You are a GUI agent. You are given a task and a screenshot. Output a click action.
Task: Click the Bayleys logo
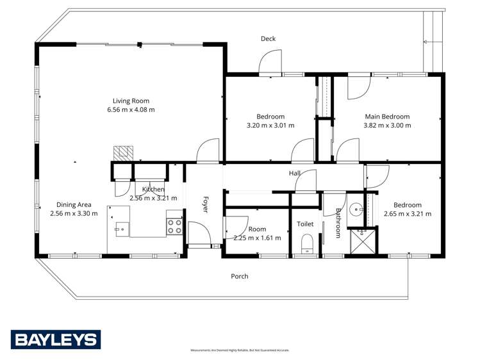[x=56, y=340]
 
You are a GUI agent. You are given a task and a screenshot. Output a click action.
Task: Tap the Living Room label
[x=131, y=101]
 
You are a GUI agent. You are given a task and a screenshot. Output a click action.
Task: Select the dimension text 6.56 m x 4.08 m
[x=131, y=110]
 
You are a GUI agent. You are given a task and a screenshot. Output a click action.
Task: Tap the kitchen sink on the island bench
[x=119, y=227]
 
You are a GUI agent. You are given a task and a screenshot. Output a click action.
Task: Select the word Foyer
[x=206, y=204]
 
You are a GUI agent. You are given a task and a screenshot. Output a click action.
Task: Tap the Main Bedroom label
[x=387, y=117]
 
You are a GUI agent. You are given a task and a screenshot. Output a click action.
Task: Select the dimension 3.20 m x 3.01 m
[x=270, y=125]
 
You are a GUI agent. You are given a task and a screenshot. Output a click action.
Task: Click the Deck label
[x=268, y=39]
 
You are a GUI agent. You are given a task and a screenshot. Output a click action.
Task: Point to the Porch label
[x=239, y=276]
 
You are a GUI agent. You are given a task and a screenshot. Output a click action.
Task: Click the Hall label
[x=294, y=173]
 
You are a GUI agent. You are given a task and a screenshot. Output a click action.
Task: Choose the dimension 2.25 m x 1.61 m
[x=257, y=238]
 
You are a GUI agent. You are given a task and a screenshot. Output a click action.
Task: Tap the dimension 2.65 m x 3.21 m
[x=407, y=214]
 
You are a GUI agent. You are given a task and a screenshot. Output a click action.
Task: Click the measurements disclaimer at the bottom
[x=240, y=350]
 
